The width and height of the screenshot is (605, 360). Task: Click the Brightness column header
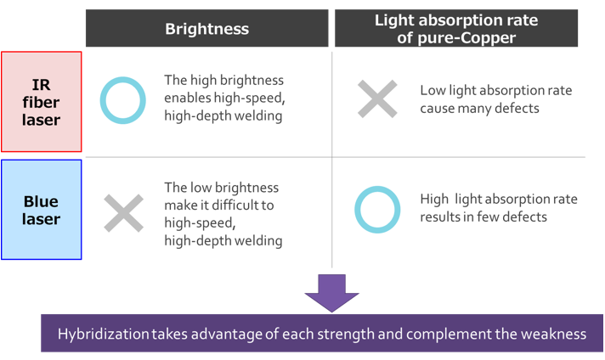(206, 29)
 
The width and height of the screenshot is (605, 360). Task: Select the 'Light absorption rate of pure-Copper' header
(456, 29)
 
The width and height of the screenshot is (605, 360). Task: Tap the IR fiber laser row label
(41, 102)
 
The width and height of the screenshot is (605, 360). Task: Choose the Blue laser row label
(41, 210)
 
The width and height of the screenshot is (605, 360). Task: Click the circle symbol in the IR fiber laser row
(124, 100)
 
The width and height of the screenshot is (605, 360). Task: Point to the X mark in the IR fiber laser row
(377, 99)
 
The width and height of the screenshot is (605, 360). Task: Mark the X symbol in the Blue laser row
(124, 212)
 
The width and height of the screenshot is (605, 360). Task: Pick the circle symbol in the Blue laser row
(377, 210)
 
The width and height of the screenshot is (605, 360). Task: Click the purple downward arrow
(332, 293)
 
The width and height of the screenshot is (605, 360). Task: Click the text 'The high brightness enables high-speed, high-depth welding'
(224, 98)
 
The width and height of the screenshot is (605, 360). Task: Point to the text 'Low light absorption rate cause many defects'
(495, 99)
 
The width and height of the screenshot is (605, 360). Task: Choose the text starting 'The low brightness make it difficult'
(223, 214)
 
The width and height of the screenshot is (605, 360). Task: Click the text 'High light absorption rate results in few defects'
(498, 208)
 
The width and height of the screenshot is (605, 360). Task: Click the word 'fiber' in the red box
(41, 103)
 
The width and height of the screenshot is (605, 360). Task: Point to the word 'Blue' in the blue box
(41, 202)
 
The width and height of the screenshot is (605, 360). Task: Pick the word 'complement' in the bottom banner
(443, 334)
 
